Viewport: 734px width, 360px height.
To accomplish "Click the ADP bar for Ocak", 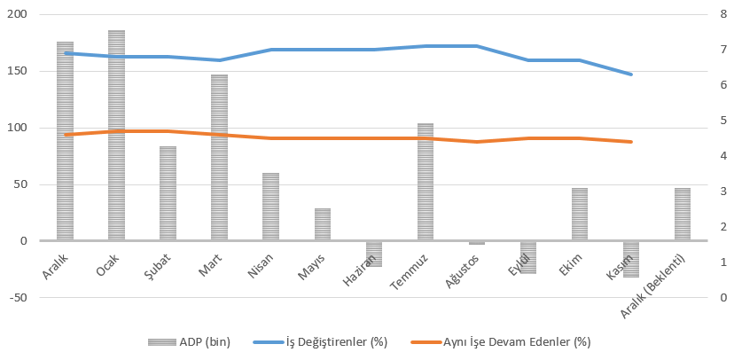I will [116, 135].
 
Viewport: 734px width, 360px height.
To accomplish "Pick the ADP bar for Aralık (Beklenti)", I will [683, 214].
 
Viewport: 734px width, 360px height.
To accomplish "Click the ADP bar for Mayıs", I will [323, 224].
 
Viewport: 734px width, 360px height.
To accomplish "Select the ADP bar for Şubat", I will [168, 193].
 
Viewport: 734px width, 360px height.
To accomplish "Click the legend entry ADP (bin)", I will [191, 341].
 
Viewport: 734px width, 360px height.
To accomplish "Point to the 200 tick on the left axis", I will [18, 15].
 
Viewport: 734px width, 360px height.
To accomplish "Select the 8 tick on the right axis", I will [724, 15].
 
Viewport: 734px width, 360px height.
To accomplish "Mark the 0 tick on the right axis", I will [724, 298].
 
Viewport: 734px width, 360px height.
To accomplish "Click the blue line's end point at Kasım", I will [631, 74].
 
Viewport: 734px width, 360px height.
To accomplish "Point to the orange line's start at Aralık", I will [65, 135].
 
